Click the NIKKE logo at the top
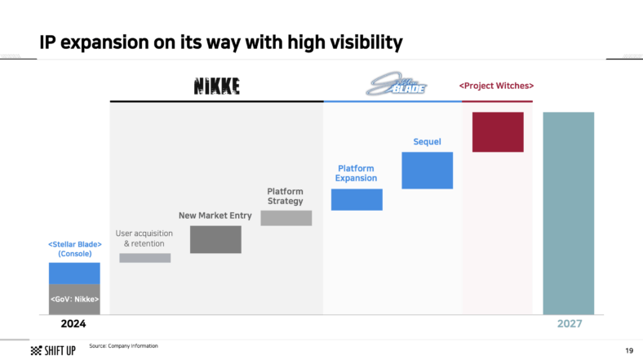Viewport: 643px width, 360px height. click(216, 85)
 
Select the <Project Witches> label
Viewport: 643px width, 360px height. click(497, 85)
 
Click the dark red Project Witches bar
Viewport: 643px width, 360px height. click(498, 131)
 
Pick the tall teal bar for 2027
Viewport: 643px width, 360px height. click(569, 213)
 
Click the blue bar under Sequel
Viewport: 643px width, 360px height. click(427, 170)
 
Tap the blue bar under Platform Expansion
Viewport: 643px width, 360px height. click(357, 199)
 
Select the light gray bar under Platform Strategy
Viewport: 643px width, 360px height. click(286, 218)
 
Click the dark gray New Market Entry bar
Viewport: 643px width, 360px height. click(215, 239)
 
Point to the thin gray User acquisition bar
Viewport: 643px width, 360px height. click(145, 258)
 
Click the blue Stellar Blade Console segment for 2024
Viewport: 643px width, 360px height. click(74, 273)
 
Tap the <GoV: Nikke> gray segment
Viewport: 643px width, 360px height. click(74, 300)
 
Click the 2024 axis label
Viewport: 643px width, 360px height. click(74, 324)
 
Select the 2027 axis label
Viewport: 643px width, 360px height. click(569, 324)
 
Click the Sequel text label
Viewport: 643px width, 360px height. click(427, 142)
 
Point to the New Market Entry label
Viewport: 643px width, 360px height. click(215, 216)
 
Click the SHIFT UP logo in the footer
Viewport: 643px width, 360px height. click(54, 350)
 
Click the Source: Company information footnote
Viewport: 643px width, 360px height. click(123, 346)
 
